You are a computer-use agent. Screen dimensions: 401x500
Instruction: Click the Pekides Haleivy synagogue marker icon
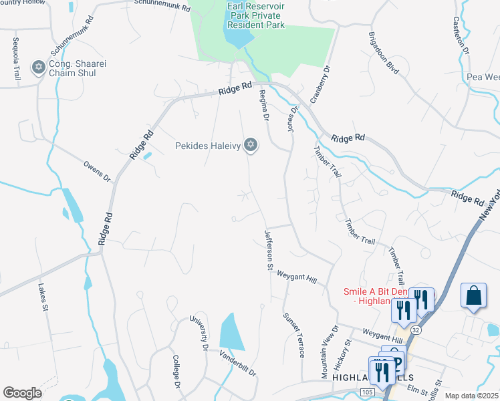(x=251, y=145)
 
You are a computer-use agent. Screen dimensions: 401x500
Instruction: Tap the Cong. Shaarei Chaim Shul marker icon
(x=39, y=67)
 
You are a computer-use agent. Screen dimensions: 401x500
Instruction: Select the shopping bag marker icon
(x=473, y=295)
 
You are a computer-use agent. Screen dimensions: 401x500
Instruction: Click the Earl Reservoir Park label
(x=255, y=16)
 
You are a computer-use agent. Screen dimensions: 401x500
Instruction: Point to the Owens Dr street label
(x=97, y=171)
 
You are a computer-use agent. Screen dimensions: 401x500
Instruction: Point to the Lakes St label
(x=41, y=299)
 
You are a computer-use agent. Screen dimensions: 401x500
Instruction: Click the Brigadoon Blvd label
(x=384, y=52)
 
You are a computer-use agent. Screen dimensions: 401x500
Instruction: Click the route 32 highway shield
(x=416, y=330)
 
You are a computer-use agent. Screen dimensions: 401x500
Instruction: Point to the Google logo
(x=22, y=393)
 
